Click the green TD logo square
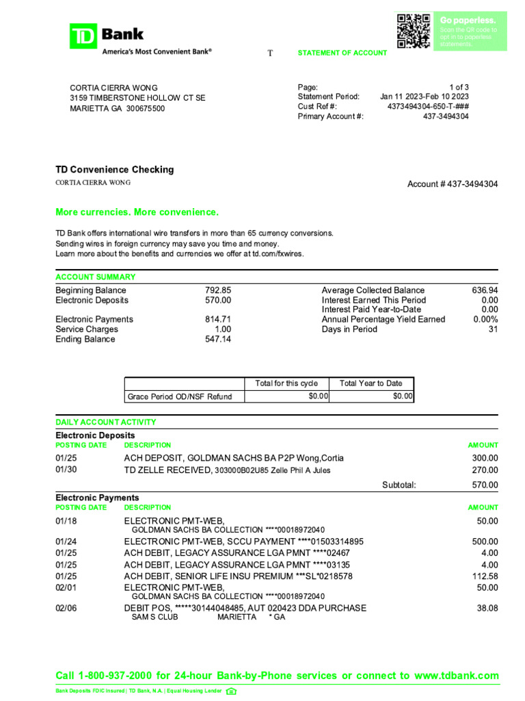tap(83, 36)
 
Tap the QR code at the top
tap(414, 31)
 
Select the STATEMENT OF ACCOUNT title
tap(342, 53)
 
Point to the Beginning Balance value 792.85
tap(218, 290)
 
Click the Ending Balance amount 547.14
tap(218, 339)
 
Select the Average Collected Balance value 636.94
tap(485, 290)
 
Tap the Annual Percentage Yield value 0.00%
tap(485, 319)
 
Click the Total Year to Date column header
tap(371, 383)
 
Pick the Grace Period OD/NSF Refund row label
tap(180, 396)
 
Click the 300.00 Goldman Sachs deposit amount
tap(485, 458)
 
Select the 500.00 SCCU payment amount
tap(485, 541)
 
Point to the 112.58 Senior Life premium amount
tap(484, 576)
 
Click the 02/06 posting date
tap(66, 608)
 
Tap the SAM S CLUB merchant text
tap(154, 617)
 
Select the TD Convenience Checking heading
tap(115, 170)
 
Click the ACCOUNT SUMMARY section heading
tap(95, 277)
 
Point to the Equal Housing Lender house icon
tap(231, 691)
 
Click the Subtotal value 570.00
tap(485, 485)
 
